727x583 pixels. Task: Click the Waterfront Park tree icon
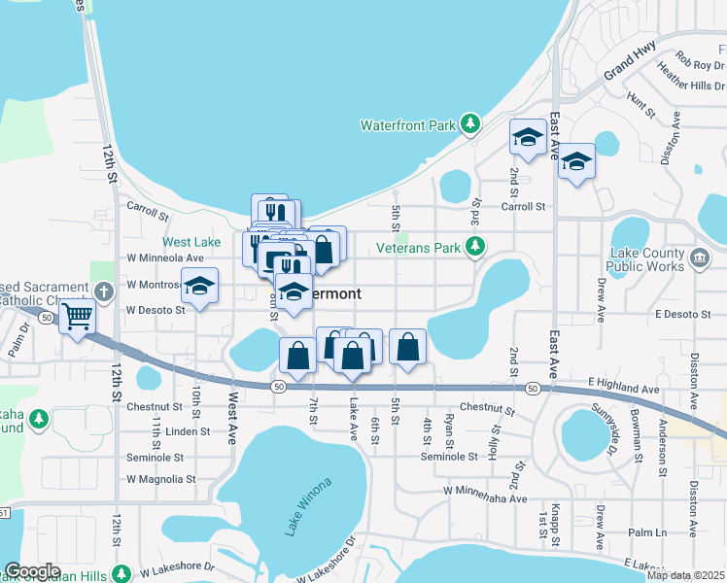[470, 124]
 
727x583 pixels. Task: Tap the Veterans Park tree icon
[474, 248]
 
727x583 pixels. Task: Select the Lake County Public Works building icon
[699, 257]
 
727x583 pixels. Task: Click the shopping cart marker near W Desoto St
[77, 316]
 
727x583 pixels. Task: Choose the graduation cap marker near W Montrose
[199, 287]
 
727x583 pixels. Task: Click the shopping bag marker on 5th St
[408, 346]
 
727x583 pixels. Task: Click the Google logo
[32, 571]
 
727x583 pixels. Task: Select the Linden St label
[188, 431]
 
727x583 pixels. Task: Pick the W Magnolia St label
[161, 479]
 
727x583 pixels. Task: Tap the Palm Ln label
[646, 532]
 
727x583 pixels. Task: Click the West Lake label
[190, 241]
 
